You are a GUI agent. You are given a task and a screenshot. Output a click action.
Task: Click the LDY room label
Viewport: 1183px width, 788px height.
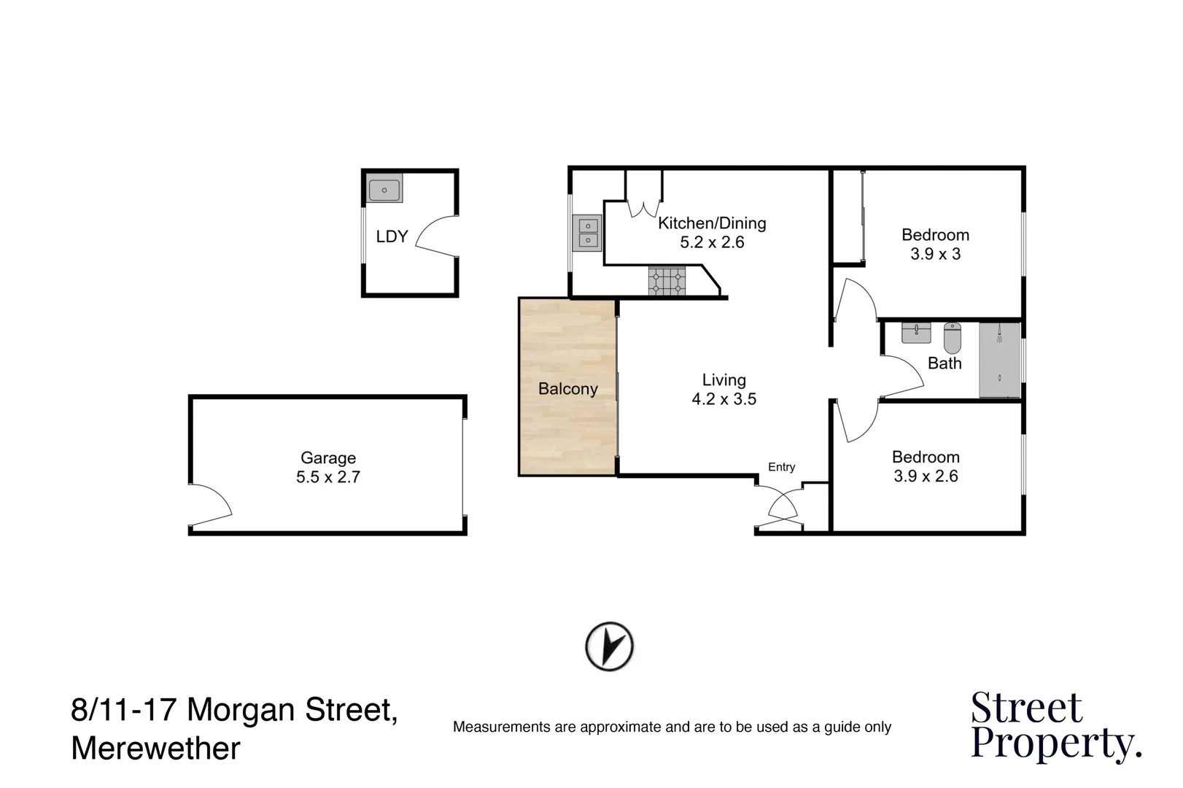click(392, 236)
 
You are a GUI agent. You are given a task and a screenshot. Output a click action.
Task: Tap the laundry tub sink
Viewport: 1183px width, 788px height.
click(384, 190)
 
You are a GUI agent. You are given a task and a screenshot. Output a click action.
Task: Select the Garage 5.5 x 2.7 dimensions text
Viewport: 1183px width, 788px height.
click(328, 477)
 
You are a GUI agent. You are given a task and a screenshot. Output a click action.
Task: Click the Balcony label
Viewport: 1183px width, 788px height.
click(567, 389)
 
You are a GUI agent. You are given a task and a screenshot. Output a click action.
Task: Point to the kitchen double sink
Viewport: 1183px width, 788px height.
click(587, 233)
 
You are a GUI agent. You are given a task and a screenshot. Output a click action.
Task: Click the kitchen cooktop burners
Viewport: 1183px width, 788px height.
click(667, 282)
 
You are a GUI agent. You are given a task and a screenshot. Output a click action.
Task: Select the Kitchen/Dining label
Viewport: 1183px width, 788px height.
click(712, 223)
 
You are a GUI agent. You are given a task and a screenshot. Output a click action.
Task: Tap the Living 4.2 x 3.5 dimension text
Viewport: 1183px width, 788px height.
click(724, 399)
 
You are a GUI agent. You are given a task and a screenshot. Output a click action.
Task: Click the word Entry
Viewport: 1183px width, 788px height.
click(781, 467)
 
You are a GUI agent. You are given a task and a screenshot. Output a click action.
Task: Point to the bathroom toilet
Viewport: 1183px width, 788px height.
click(953, 337)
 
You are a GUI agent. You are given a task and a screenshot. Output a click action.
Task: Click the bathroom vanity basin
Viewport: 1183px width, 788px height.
click(916, 333)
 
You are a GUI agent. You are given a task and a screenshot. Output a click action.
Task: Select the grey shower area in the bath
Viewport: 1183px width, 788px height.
click(999, 360)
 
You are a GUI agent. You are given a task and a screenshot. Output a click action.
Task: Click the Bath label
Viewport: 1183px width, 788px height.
click(945, 363)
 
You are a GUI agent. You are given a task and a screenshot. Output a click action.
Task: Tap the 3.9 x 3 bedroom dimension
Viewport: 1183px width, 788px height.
click(935, 254)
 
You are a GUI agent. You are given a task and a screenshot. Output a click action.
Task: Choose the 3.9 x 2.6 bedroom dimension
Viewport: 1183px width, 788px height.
click(926, 476)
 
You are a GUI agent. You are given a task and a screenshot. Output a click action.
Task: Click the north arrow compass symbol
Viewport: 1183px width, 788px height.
click(610, 646)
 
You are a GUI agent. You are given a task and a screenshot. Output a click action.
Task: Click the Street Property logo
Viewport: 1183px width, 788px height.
click(1055, 726)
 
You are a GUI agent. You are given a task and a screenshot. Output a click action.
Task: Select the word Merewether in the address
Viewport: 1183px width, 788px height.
click(156, 749)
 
